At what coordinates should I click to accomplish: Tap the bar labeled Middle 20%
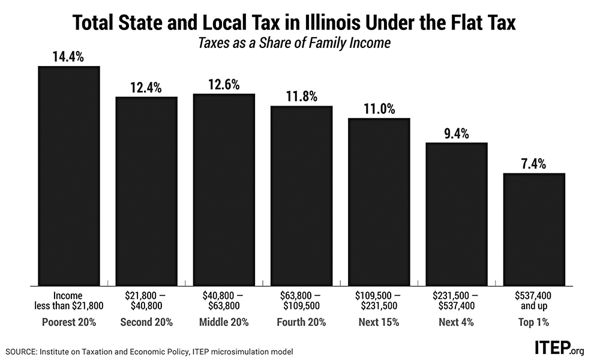224,190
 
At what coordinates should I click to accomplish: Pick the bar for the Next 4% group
457,214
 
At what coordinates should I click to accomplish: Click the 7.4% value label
534,164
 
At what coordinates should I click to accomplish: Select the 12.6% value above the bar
224,85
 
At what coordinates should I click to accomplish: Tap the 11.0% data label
379,109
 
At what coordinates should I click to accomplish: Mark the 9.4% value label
457,133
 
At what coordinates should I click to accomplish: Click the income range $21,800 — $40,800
146,301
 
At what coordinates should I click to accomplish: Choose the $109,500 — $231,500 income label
379,301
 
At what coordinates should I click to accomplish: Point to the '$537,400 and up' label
534,301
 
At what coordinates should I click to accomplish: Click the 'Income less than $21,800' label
69,301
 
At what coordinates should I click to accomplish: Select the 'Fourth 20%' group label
301,322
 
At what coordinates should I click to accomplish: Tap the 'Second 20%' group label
146,322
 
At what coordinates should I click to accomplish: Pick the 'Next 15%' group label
379,322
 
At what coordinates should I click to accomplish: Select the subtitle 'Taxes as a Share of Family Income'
300,43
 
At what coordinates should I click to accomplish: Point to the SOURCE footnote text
149,350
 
